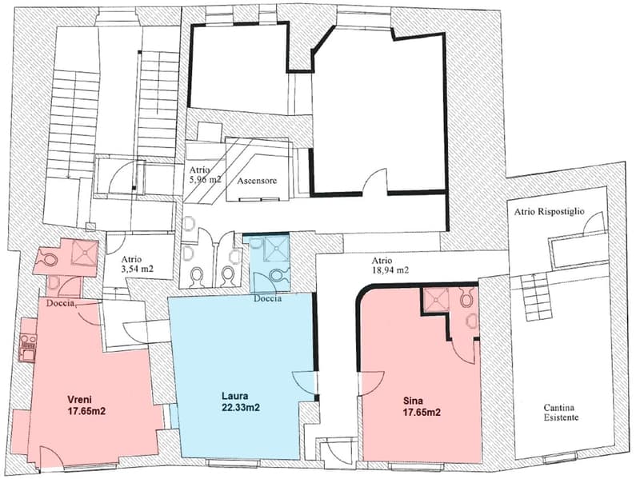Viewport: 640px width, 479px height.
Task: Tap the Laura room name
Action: tap(235, 396)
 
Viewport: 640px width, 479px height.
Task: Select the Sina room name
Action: tap(413, 401)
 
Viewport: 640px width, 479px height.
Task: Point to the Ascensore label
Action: tap(257, 181)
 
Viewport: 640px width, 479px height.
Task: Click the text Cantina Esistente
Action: tap(558, 413)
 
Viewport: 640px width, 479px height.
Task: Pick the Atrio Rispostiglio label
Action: tap(549, 211)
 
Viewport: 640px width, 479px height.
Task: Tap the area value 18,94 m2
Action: tap(390, 270)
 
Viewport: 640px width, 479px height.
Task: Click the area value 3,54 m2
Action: tap(137, 269)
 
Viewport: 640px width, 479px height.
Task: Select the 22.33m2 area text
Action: tap(241, 407)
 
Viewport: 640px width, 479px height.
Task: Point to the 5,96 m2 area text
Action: tap(205, 179)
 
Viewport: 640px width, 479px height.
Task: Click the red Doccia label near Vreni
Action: tap(60, 303)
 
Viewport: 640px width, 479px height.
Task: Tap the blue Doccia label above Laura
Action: tap(267, 298)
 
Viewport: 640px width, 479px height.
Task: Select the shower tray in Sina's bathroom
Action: tap(436, 300)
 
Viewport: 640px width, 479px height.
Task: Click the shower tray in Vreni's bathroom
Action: tap(85, 253)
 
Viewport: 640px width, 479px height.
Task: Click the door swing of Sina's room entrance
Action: tap(371, 384)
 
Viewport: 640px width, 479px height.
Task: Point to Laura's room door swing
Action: tap(304, 384)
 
